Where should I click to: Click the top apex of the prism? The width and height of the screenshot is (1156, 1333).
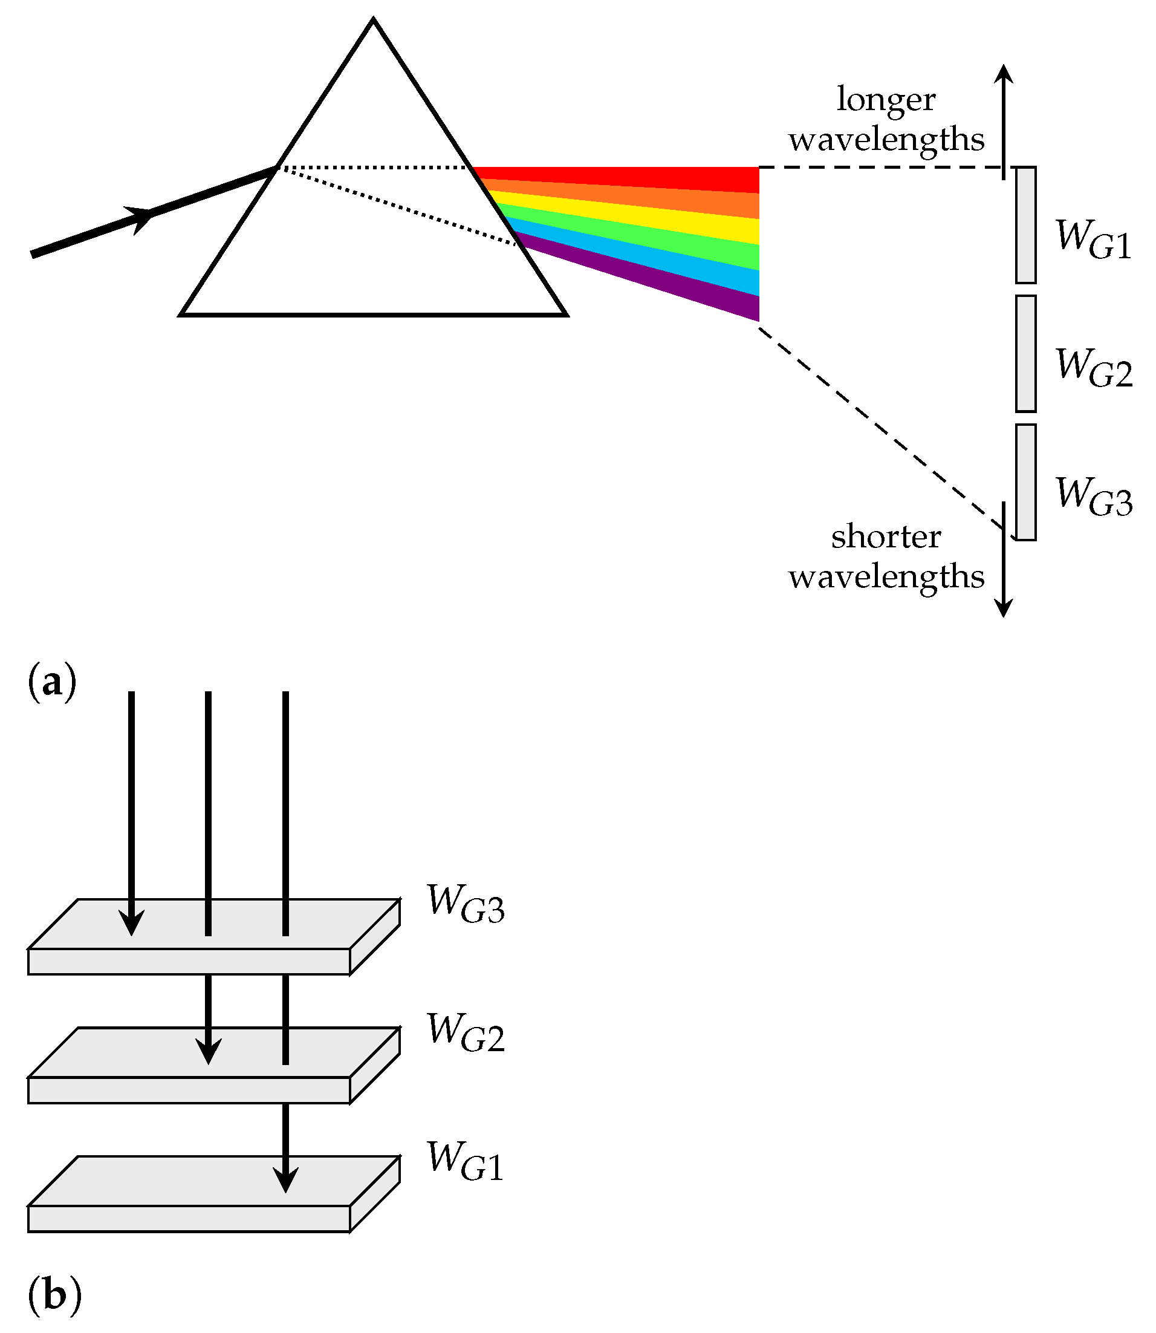374,21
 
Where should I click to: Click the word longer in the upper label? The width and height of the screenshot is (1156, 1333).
886,99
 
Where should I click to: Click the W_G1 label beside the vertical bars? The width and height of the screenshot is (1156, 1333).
1093,240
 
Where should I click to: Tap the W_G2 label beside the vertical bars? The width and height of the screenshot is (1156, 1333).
1093,368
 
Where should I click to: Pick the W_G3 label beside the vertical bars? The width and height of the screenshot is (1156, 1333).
1093,497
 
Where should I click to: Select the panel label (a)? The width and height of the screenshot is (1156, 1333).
51,682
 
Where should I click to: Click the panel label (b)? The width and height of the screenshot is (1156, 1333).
54,1295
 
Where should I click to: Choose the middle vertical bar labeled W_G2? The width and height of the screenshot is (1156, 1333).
1025,354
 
